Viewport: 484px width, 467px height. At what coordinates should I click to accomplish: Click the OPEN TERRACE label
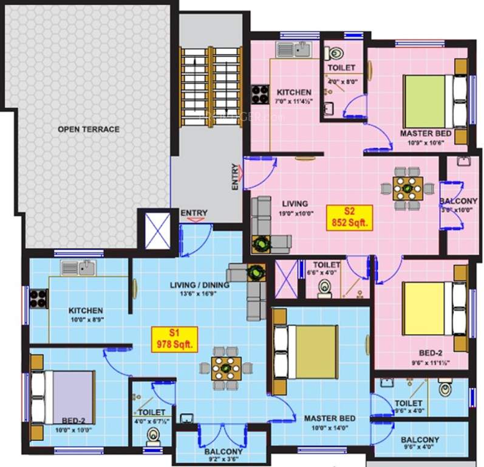pyautogui.click(x=89, y=129)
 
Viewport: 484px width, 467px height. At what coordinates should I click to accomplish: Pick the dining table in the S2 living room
pyautogui.click(x=404, y=188)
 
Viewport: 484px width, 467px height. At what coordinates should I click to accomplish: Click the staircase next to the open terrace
pyautogui.click(x=212, y=78)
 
